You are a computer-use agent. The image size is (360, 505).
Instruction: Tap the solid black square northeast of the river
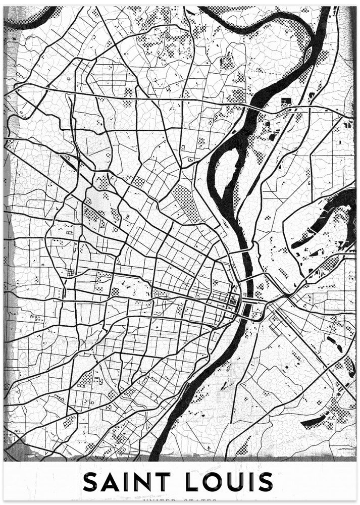286,102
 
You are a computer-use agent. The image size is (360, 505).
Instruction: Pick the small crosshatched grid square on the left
71,272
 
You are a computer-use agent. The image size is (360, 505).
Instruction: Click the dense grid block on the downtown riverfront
233,301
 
